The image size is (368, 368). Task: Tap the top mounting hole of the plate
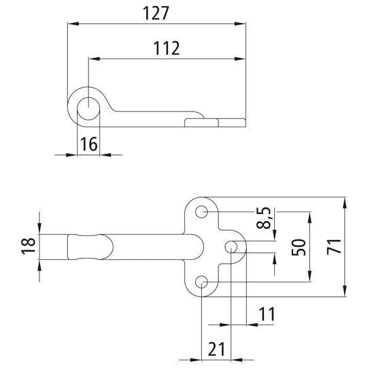pyautogui.click(x=203, y=213)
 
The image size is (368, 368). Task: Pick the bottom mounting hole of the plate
pyautogui.click(x=203, y=282)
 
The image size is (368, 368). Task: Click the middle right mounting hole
pyautogui.click(x=232, y=246)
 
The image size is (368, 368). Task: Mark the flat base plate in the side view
pyautogui.click(x=214, y=122)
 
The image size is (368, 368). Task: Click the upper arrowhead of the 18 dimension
pyautogui.click(x=40, y=229)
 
